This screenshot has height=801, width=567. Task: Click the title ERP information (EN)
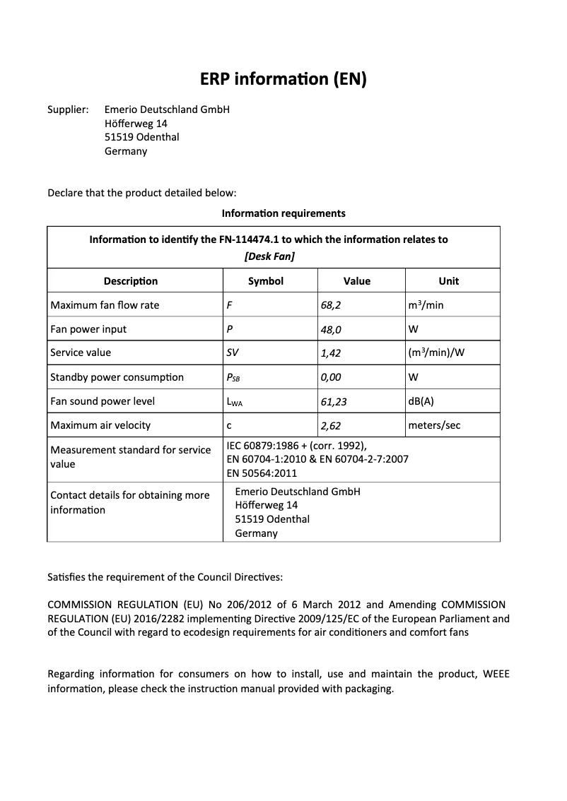pyautogui.click(x=283, y=79)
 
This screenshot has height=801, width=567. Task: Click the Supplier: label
pyautogui.click(x=68, y=109)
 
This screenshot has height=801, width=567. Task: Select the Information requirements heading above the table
pyautogui.click(x=283, y=213)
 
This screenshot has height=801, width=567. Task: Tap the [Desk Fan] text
pyautogui.click(x=269, y=256)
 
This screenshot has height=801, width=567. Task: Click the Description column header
pyautogui.click(x=131, y=281)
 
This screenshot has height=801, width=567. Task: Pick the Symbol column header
pyautogui.click(x=266, y=281)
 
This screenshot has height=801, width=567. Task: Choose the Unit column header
pyautogui.click(x=449, y=281)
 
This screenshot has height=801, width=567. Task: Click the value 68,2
pyautogui.click(x=332, y=305)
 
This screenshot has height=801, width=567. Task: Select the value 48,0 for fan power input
pyautogui.click(x=332, y=330)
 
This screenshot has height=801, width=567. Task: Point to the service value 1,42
pyautogui.click(x=331, y=353)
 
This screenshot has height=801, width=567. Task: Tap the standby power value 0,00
pyautogui.click(x=331, y=377)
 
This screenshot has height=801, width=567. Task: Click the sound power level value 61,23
pyautogui.click(x=334, y=402)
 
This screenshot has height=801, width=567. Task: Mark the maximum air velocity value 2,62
pyautogui.click(x=331, y=426)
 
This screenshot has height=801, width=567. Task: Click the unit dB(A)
pyautogui.click(x=421, y=401)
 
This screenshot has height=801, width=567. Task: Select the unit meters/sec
pyautogui.click(x=435, y=425)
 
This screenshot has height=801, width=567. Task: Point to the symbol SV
pyautogui.click(x=233, y=352)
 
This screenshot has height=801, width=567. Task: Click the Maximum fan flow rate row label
pyautogui.click(x=105, y=305)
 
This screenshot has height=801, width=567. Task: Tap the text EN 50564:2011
pyautogui.click(x=262, y=473)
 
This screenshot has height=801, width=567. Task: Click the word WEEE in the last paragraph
pyautogui.click(x=496, y=674)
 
